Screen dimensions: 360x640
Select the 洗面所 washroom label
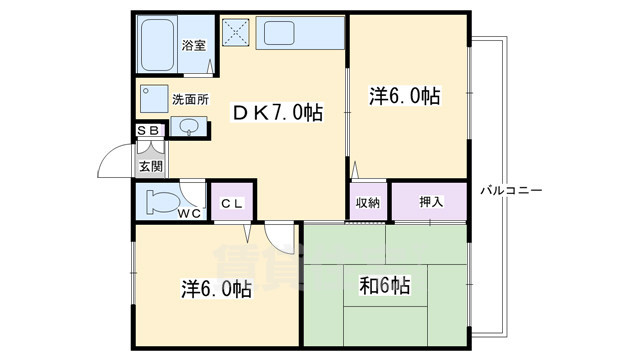pos(189,99)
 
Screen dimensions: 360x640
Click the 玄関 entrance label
pos(150,166)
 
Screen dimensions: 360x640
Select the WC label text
pos(191,213)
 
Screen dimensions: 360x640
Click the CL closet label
pos(231,203)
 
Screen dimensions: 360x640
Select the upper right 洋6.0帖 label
pos(404,96)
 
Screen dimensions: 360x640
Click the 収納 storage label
pos(367,203)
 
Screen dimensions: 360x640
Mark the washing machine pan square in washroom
pos(154,100)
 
